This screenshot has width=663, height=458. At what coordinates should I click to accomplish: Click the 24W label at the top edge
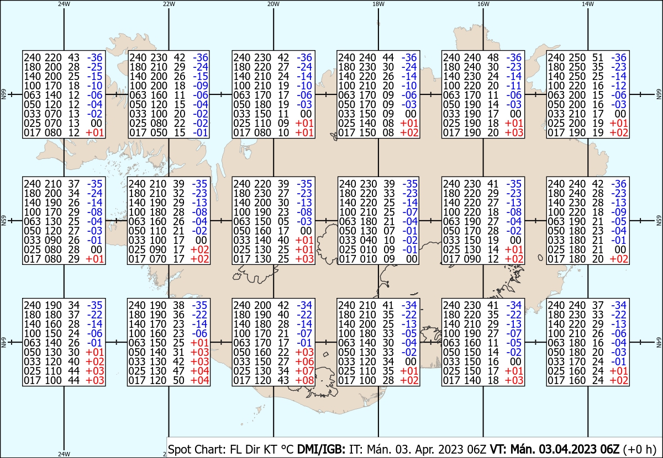[x=64, y=4]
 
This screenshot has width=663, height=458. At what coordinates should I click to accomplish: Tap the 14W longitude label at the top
[x=588, y=4]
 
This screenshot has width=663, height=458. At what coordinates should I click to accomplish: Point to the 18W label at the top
[x=378, y=4]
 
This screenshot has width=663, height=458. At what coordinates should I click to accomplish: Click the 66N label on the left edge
[x=3, y=94]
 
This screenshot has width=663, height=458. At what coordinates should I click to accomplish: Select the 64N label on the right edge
[x=659, y=342]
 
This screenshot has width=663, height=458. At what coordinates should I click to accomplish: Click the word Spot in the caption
[x=181, y=449]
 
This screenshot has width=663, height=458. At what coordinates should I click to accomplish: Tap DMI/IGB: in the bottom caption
[x=321, y=449]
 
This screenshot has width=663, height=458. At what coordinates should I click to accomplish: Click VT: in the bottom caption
[x=498, y=449]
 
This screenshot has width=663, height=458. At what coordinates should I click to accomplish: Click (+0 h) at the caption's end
[x=640, y=449]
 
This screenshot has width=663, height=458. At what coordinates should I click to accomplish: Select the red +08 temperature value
[x=304, y=380]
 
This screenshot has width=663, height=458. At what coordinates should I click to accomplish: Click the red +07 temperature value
[x=304, y=371]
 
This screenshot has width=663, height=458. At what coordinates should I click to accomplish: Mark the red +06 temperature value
[x=304, y=361]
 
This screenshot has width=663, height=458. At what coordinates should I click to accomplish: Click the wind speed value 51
[x=598, y=57]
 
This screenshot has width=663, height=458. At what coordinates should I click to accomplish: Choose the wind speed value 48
[x=493, y=57]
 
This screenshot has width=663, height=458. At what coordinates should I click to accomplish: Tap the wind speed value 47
[x=178, y=371]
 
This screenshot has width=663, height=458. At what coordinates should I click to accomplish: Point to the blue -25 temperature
[x=94, y=67]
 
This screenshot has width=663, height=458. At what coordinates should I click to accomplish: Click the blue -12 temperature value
[x=619, y=86]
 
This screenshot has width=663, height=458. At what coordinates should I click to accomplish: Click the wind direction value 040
[x=369, y=240]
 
